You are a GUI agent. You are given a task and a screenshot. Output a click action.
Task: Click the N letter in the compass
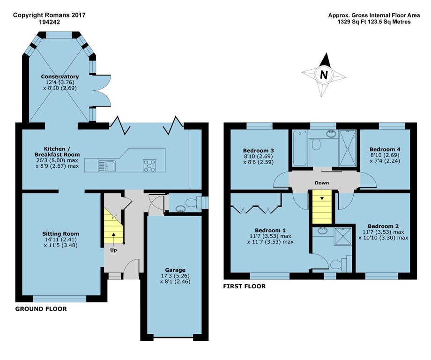(x=324, y=75)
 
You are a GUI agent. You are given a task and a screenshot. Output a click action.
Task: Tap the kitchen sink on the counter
(x=107, y=166)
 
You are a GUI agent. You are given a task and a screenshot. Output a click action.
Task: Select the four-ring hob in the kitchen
(x=149, y=165)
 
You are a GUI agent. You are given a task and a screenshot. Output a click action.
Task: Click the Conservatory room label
(x=60, y=76)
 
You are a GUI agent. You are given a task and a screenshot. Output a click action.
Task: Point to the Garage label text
(x=175, y=270)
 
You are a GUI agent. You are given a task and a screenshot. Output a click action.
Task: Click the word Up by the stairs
(x=113, y=250)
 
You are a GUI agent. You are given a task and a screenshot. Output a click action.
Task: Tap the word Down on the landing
(x=322, y=183)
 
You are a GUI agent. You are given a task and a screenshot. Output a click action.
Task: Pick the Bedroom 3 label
(x=259, y=150)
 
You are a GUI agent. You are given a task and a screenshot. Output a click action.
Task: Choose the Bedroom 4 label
(x=385, y=150)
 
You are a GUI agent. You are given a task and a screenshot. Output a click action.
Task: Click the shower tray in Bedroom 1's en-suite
(x=343, y=236)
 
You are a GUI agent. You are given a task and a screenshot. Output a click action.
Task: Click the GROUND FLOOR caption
(x=41, y=309)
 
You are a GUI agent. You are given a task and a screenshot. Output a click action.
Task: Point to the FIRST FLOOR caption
(x=245, y=286)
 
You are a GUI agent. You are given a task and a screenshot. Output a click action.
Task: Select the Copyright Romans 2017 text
(x=49, y=15)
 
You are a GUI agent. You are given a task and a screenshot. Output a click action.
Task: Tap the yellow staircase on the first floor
(x=322, y=207)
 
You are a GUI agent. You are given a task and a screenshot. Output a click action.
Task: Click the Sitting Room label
(x=60, y=234)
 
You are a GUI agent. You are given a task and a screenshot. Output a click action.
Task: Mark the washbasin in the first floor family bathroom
(x=331, y=134)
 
